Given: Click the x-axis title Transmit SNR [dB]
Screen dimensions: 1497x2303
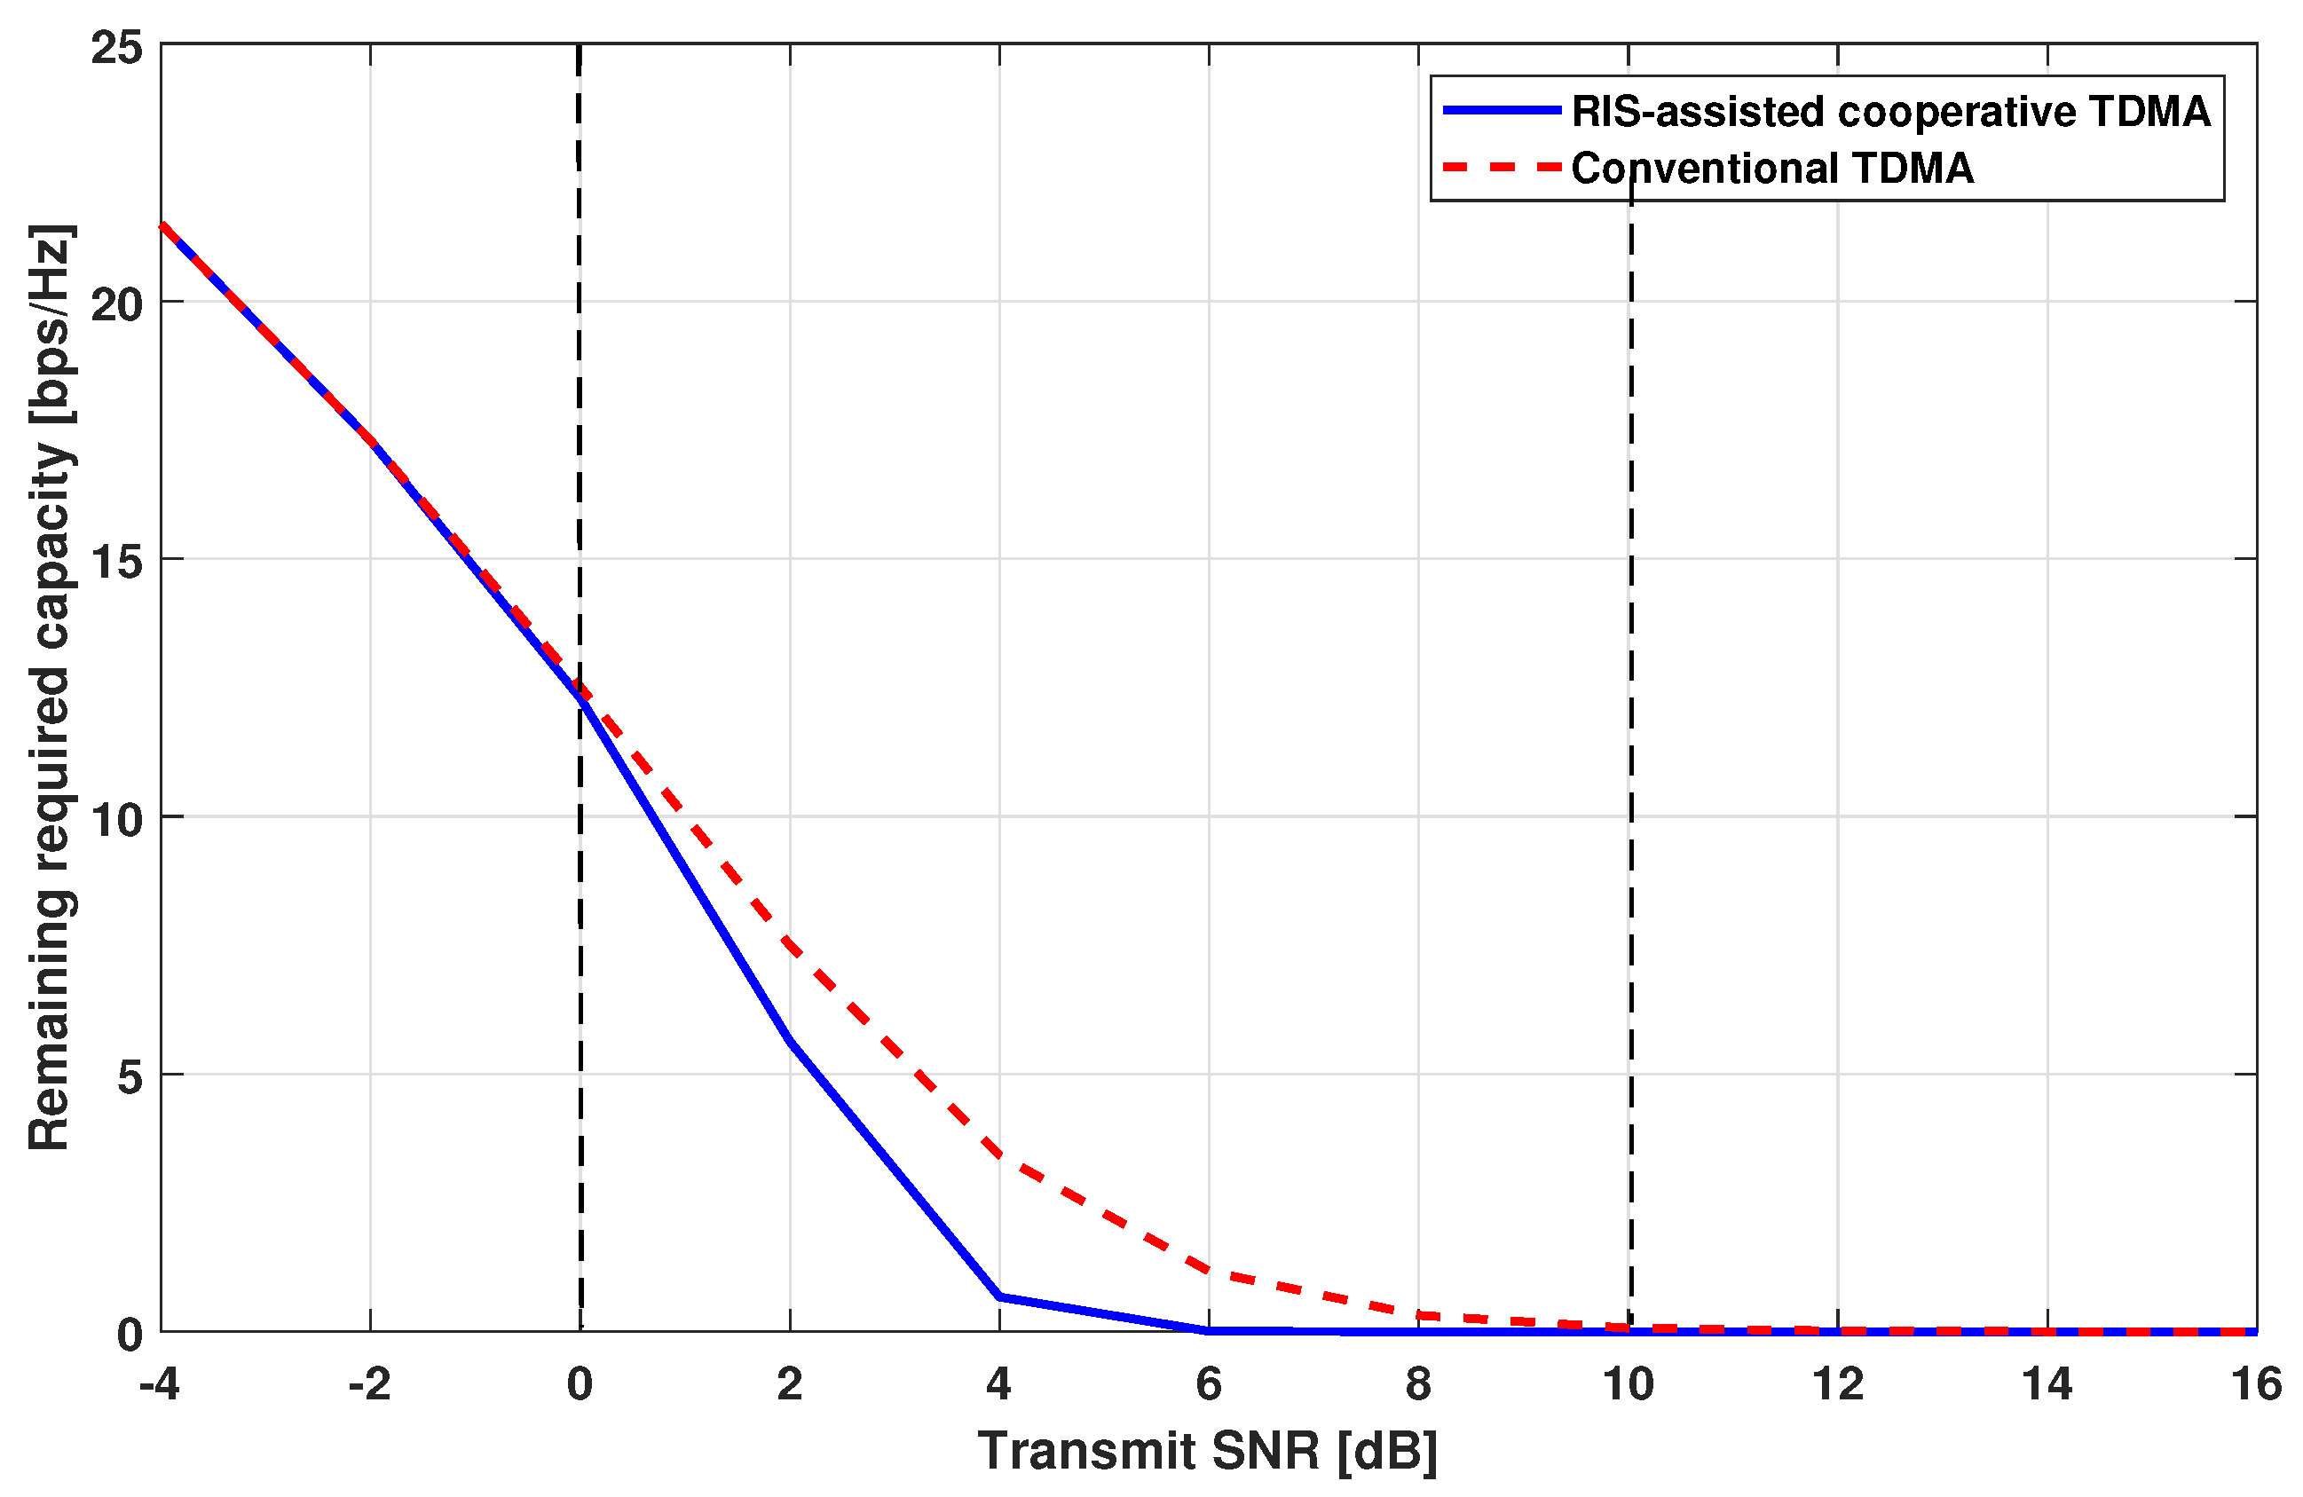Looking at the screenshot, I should pyautogui.click(x=1208, y=1452).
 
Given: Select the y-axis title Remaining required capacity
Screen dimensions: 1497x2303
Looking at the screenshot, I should pyautogui.click(x=51, y=687).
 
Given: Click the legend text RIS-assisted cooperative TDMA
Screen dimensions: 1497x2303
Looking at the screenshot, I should pyautogui.click(x=1889, y=112).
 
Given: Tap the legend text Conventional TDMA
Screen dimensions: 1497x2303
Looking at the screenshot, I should pyautogui.click(x=1771, y=169).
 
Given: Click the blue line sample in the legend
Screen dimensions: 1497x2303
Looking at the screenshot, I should pyautogui.click(x=1501, y=111).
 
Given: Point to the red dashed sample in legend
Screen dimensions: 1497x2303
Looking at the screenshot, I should pyautogui.click(x=1501, y=169).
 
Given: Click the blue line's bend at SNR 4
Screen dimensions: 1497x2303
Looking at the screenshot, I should pyautogui.click(x=999, y=1296).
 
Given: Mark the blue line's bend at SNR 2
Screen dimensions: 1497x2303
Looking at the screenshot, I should pyautogui.click(x=791, y=1041).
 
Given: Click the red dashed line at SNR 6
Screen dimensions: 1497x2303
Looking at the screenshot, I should pyautogui.click(x=1209, y=1270).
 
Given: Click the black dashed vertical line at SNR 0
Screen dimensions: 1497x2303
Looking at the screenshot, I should pyautogui.click(x=580, y=387).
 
